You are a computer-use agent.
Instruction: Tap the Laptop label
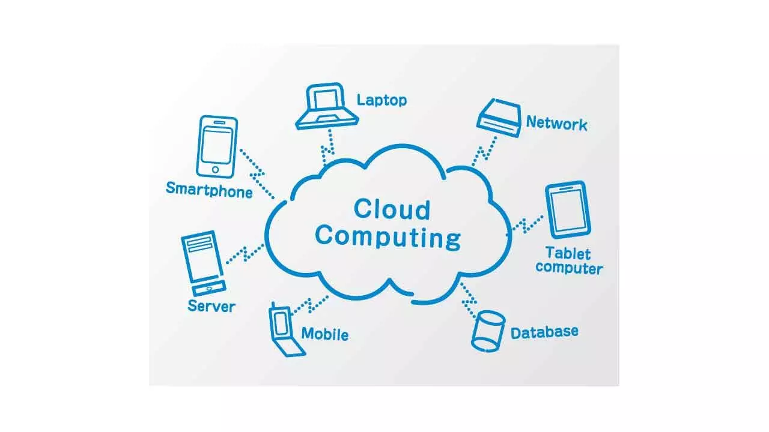(381, 100)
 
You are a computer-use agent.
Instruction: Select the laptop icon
(327, 106)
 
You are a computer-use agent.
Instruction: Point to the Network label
(556, 123)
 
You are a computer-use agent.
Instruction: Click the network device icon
(499, 118)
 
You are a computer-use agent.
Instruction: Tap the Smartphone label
(209, 190)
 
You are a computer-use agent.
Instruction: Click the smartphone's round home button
(215, 169)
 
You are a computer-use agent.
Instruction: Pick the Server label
(211, 306)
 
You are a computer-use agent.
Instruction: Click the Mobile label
(325, 334)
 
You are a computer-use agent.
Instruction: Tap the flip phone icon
(285, 330)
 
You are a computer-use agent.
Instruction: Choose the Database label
(544, 332)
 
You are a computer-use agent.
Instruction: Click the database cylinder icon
(488, 332)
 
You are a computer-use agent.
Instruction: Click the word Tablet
(568, 253)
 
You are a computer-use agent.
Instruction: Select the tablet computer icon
(568, 209)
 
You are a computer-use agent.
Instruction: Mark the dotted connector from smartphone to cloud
(257, 174)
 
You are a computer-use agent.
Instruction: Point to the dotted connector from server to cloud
(245, 254)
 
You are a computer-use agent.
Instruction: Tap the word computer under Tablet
(569, 268)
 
